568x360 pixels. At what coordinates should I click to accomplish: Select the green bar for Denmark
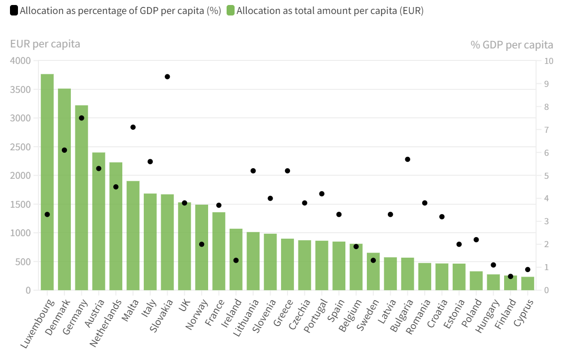pos(64,190)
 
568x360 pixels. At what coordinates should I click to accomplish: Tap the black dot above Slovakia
pos(168,77)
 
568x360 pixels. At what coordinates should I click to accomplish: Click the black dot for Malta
pos(133,127)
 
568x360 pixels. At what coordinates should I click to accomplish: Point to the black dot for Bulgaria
pos(408,159)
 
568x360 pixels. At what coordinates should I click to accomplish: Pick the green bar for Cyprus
pos(528,284)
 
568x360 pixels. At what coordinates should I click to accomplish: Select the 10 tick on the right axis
pos(549,61)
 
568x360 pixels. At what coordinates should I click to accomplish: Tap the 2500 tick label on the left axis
pos(20,147)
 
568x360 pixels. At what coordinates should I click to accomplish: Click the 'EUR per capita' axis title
pos(45,44)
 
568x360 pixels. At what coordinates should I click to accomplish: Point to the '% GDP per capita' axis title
pos(512,45)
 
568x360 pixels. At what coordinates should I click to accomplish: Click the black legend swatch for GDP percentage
pos(14,10)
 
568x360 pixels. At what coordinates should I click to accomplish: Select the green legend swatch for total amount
pos(231,10)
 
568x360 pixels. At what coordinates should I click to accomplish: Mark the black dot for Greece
pos(287,171)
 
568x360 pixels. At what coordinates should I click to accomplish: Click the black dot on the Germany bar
pos(82,118)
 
